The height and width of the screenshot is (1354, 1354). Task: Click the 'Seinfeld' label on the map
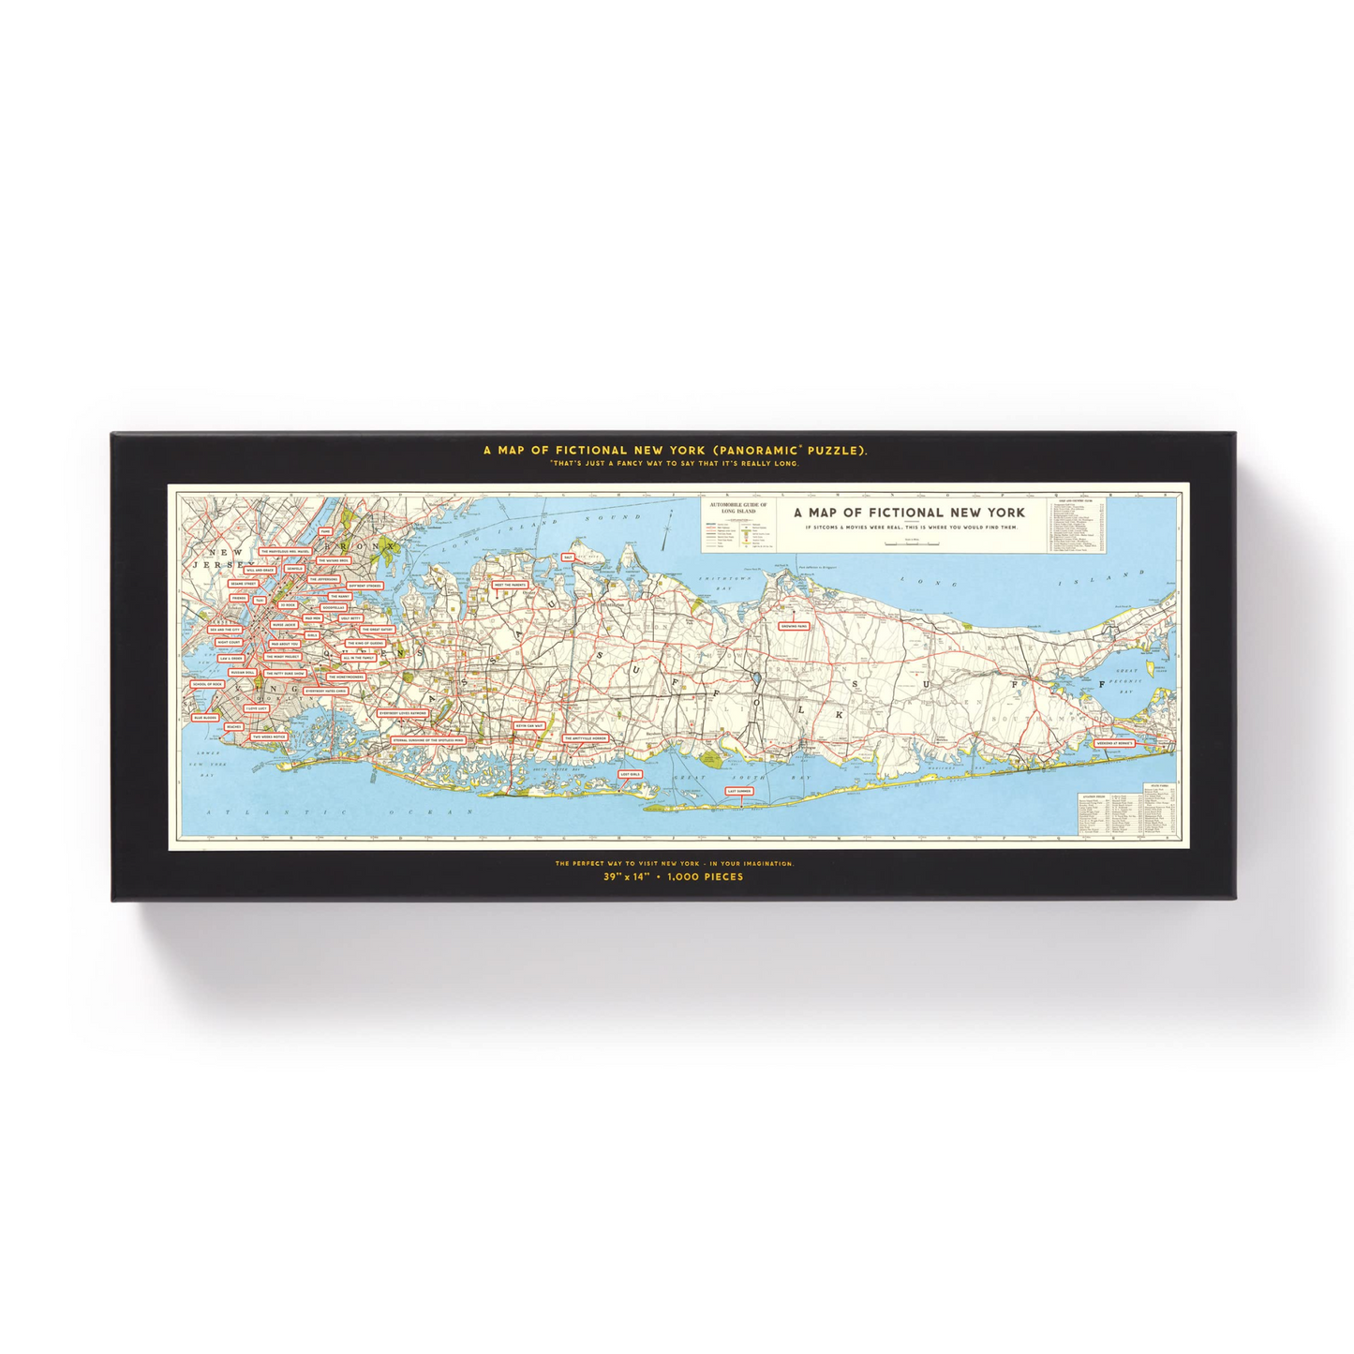point(294,568)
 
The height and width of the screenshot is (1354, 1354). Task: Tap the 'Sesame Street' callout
point(243,584)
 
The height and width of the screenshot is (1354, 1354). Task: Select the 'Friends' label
point(239,598)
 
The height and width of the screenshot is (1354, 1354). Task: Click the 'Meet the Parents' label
point(510,585)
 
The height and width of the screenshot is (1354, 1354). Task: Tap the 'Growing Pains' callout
point(794,626)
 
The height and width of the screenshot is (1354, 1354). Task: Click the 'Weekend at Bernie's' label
point(1115,743)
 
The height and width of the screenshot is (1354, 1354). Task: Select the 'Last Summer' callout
point(739,791)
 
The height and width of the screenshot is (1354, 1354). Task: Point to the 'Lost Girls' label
point(630,775)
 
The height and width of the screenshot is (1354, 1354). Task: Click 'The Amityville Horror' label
point(586,738)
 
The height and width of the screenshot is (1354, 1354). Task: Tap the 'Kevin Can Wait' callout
point(528,725)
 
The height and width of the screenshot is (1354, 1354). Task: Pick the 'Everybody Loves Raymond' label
point(403,713)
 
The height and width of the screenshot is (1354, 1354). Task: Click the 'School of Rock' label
point(206,684)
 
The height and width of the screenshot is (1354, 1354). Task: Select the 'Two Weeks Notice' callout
point(268,737)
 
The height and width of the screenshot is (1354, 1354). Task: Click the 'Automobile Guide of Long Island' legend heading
point(738,508)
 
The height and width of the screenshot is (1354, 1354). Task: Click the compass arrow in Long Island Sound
point(667,534)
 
